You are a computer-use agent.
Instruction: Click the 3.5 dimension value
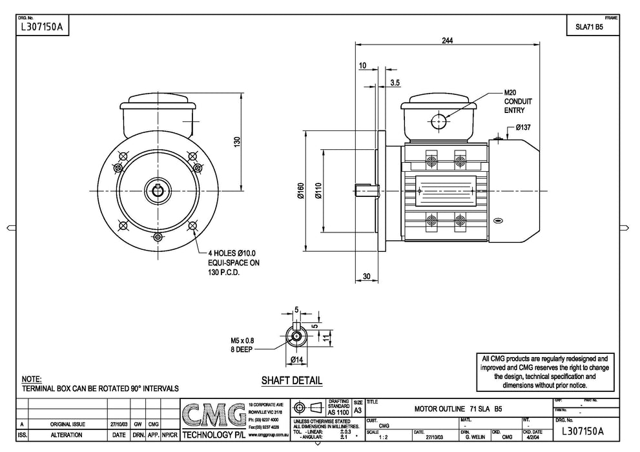395,82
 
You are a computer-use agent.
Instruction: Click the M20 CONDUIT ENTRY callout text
517,101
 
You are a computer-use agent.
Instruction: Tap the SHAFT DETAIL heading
291,380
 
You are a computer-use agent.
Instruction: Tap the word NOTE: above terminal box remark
31,379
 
